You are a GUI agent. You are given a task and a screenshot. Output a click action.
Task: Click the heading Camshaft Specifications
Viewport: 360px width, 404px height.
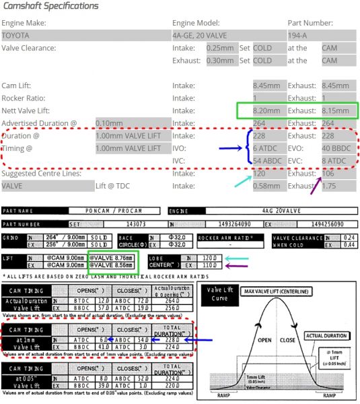[50, 6]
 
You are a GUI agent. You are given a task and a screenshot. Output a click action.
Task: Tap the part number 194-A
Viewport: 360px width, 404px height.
[298, 35]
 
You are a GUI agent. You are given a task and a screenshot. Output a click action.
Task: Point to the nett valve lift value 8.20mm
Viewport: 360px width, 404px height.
[264, 110]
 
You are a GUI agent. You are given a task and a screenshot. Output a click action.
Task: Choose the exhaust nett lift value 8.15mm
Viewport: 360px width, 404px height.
[334, 110]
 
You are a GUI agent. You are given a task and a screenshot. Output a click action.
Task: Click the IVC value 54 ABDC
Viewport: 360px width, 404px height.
[267, 161]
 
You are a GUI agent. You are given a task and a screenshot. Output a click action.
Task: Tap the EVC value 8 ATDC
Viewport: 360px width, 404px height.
[334, 161]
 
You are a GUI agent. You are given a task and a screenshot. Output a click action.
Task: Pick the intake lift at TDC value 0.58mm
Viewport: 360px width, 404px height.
[264, 186]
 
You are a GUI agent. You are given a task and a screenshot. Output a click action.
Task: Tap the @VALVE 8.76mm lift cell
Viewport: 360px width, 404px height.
[112, 257]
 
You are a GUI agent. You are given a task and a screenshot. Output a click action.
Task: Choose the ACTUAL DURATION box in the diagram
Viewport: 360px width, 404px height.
[326, 335]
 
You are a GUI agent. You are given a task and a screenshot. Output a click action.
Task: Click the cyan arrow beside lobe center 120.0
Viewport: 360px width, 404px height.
[236, 258]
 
